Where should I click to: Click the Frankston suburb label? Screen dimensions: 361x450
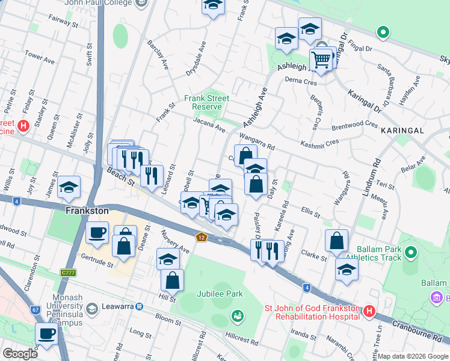87,211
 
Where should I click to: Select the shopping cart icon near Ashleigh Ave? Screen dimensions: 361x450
321,60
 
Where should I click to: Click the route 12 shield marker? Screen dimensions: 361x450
200,238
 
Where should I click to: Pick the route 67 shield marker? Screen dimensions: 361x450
35,310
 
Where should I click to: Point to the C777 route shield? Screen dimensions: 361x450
69,273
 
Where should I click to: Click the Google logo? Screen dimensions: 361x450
20,354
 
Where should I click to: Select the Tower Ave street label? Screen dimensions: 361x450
40,59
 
